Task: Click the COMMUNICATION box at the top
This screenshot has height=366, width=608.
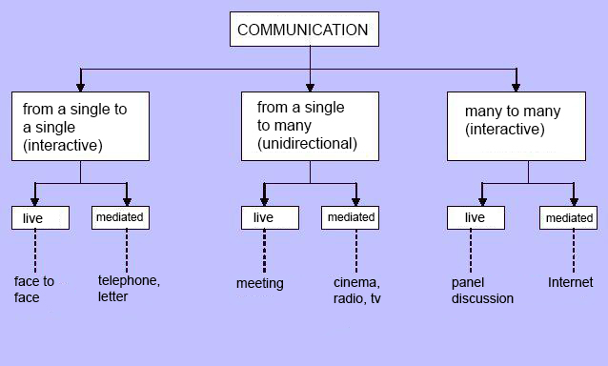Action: tap(304, 30)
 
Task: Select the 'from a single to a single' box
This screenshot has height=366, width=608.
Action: tap(80, 127)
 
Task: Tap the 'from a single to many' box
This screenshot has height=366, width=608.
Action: tap(310, 127)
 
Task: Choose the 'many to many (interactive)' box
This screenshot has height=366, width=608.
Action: tap(517, 127)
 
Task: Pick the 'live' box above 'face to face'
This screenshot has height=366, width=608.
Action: tap(40, 218)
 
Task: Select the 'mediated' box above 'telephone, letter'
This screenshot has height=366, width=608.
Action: tap(120, 218)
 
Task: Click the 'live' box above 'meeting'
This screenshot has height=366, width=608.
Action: tap(270, 218)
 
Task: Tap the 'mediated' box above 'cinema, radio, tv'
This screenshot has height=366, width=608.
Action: tap(350, 218)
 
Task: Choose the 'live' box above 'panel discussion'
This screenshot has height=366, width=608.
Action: tap(476, 218)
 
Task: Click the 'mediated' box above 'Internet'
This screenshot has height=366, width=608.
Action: tap(568, 218)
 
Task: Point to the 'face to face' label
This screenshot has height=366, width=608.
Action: tap(34, 289)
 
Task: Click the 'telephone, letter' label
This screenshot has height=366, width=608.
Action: tap(129, 288)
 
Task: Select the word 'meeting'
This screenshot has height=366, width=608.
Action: tap(260, 283)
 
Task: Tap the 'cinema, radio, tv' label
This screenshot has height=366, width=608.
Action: tap(356, 291)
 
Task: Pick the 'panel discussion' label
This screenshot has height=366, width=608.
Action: tap(482, 291)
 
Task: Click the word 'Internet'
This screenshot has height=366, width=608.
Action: tap(571, 282)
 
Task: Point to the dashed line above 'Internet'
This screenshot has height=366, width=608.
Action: tap(574, 251)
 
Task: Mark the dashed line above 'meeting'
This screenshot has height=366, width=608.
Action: tap(264, 251)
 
